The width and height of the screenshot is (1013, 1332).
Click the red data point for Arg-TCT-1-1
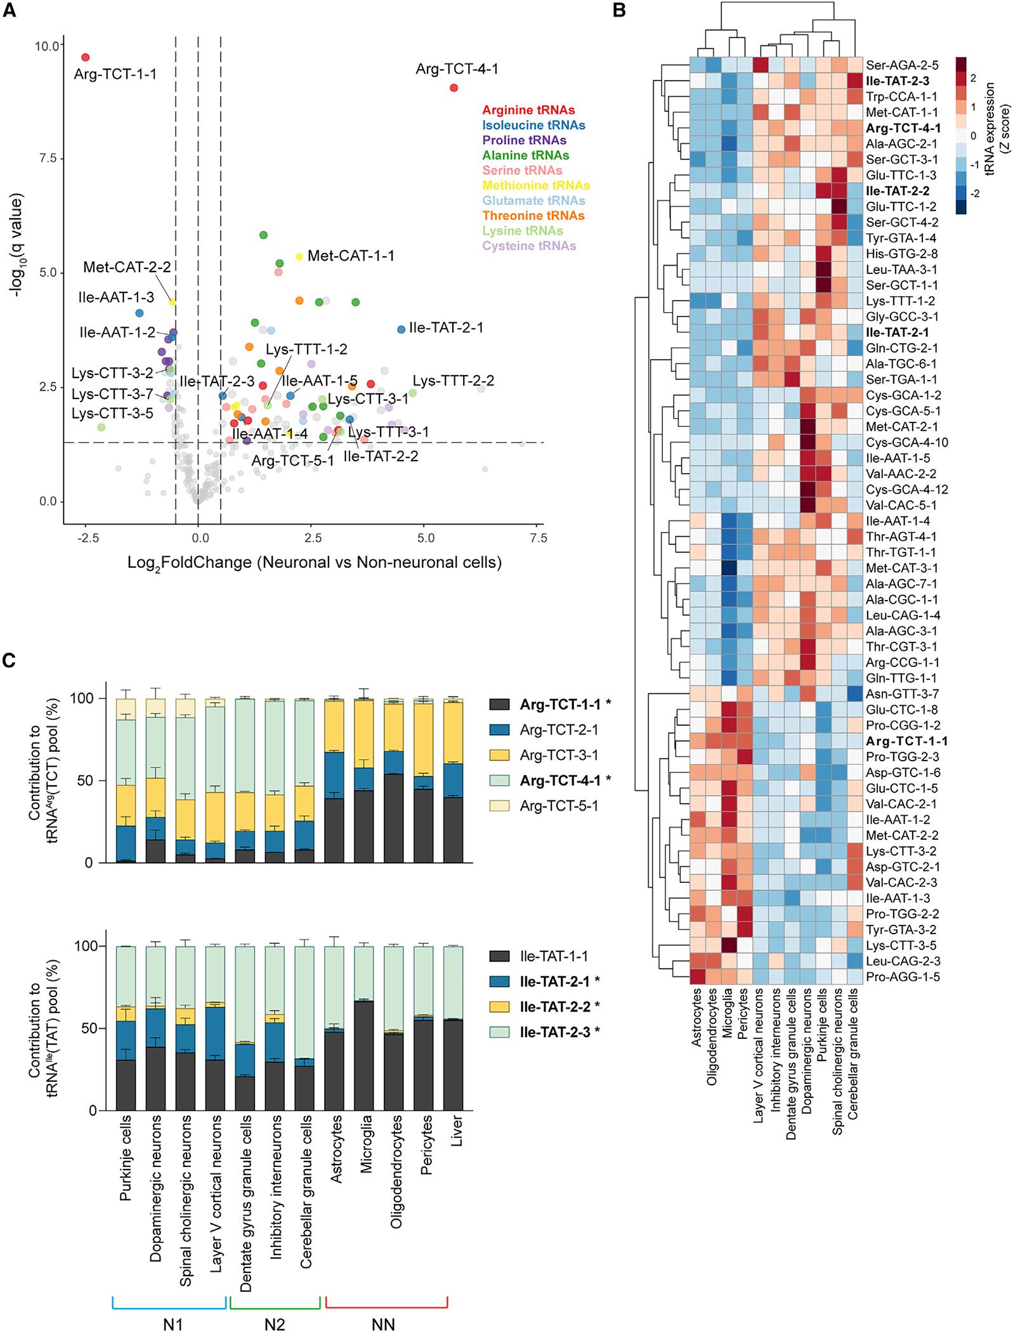tap(86, 57)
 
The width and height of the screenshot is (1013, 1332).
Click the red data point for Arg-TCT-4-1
tap(454, 88)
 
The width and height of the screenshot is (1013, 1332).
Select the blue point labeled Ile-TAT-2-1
tap(401, 329)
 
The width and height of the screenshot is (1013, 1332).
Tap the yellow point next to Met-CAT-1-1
tap(299, 256)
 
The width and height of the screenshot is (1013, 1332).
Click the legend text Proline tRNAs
tap(524, 140)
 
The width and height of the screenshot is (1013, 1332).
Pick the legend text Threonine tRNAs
tap(533, 216)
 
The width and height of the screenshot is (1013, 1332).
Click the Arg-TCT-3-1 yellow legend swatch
tap(503, 755)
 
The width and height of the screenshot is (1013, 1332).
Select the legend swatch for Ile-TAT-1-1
tap(503, 957)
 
